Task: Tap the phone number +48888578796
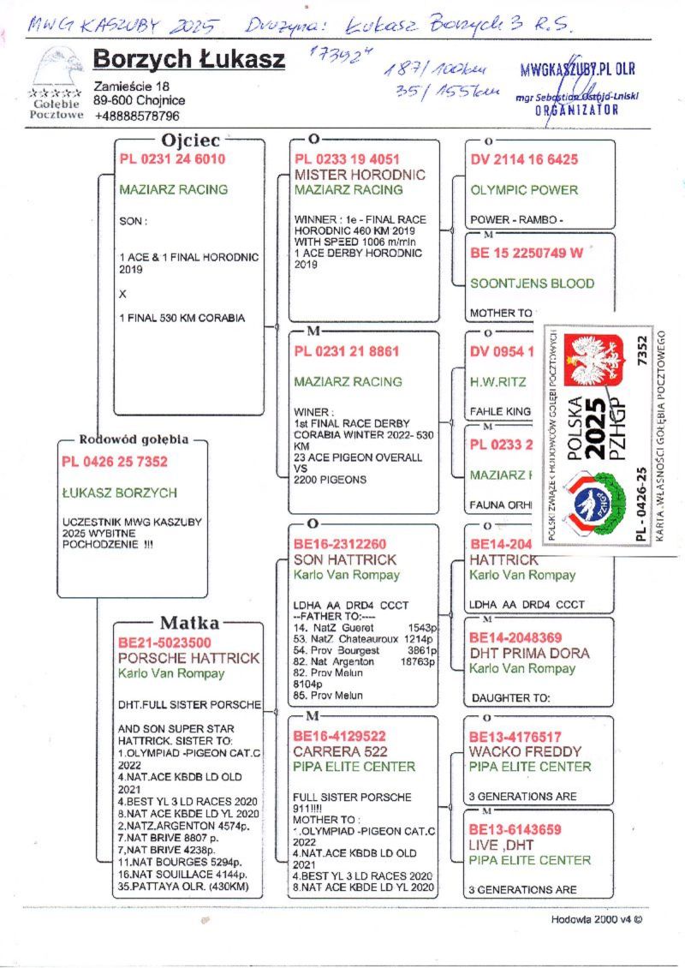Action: pyautogui.click(x=137, y=116)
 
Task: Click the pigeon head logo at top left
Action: pyautogui.click(x=57, y=69)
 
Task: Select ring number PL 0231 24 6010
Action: pyautogui.click(x=173, y=159)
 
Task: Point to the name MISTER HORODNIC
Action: pyautogui.click(x=360, y=175)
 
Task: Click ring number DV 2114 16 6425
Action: pyautogui.click(x=524, y=159)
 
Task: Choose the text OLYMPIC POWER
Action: pyautogui.click(x=524, y=189)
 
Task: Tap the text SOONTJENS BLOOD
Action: pyautogui.click(x=532, y=283)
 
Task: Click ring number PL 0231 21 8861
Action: pyautogui.click(x=347, y=351)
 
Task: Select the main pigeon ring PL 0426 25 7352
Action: pyautogui.click(x=115, y=462)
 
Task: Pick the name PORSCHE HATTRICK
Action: pyautogui.click(x=188, y=658)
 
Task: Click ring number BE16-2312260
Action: pyautogui.click(x=340, y=544)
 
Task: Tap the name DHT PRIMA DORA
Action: pyautogui.click(x=530, y=653)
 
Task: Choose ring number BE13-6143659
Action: pyautogui.click(x=515, y=829)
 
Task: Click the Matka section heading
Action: pyautogui.click(x=189, y=623)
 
